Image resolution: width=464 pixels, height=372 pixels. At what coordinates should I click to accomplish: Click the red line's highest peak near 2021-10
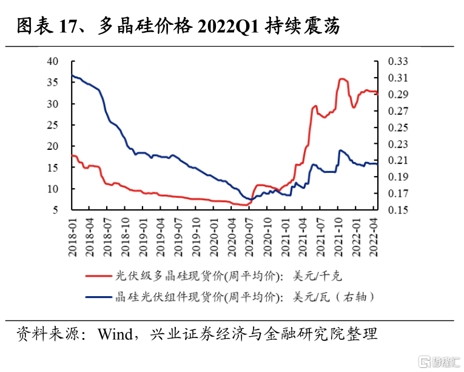coord(342,79)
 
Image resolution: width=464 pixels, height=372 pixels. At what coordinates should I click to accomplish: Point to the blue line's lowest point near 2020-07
coord(249,200)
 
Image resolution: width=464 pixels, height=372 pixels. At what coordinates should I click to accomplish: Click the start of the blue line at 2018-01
coord(72,75)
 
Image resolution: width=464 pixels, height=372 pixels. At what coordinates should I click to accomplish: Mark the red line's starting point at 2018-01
coord(72,156)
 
